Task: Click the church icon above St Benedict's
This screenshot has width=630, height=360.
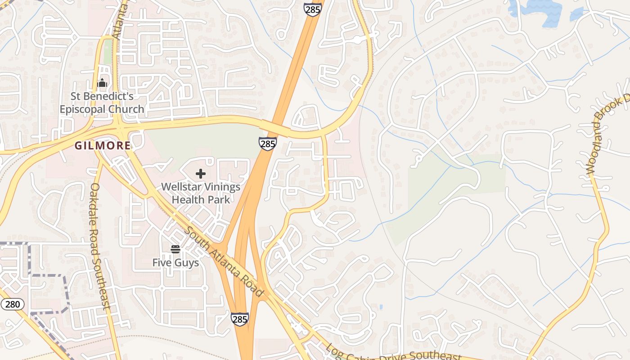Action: point(102,83)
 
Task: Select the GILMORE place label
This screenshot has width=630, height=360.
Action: point(103,146)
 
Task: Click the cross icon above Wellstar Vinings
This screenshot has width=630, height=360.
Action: point(201,174)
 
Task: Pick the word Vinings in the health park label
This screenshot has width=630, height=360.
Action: point(219,187)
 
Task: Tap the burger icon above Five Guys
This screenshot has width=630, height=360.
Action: point(175,249)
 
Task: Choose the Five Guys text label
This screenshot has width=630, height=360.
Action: point(175,262)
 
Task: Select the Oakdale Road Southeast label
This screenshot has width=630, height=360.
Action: point(100,246)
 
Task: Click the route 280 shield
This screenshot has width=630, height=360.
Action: point(12,304)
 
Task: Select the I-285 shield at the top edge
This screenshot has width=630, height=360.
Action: point(312,9)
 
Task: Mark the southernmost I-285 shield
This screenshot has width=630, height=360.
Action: point(240,319)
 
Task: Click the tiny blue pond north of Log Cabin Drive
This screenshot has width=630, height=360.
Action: point(381,307)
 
